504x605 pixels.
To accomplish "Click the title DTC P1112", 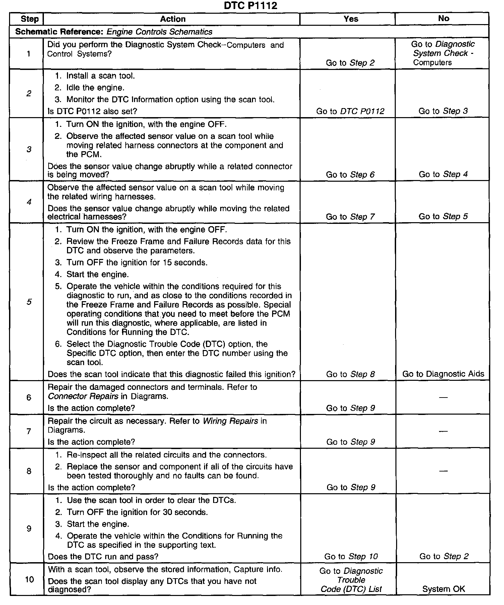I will pos(251,6).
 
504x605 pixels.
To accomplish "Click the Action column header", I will pos(173,19).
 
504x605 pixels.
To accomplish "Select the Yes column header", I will pos(351,19).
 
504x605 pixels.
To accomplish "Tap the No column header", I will pos(443,18).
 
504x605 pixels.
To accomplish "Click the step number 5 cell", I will pos(29,302).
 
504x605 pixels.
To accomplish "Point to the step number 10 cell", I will pos(29,579).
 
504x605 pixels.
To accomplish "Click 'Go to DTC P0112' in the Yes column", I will pos(350,111).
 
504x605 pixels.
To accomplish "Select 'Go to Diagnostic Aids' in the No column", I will pos(443,374).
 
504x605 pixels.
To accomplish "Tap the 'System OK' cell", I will pos(443,589).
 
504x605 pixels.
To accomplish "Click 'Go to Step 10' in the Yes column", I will pos(351,556).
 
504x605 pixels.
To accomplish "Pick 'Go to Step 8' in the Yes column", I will pos(350,374).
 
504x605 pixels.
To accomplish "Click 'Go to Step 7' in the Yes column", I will pos(350,217).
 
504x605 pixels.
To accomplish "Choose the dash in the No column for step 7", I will pos(443,431).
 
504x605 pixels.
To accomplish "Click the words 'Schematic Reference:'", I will pos(60,32).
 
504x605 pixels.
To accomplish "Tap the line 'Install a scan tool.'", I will pos(101,76).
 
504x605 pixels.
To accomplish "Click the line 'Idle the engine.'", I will pos(95,88).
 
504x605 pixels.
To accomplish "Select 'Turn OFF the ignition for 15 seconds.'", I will pos(137,263).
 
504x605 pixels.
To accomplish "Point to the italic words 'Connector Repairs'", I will pos(83,396).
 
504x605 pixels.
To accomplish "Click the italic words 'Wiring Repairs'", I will pos(231,421).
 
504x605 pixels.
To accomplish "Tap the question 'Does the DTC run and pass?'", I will pos(103,556).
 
